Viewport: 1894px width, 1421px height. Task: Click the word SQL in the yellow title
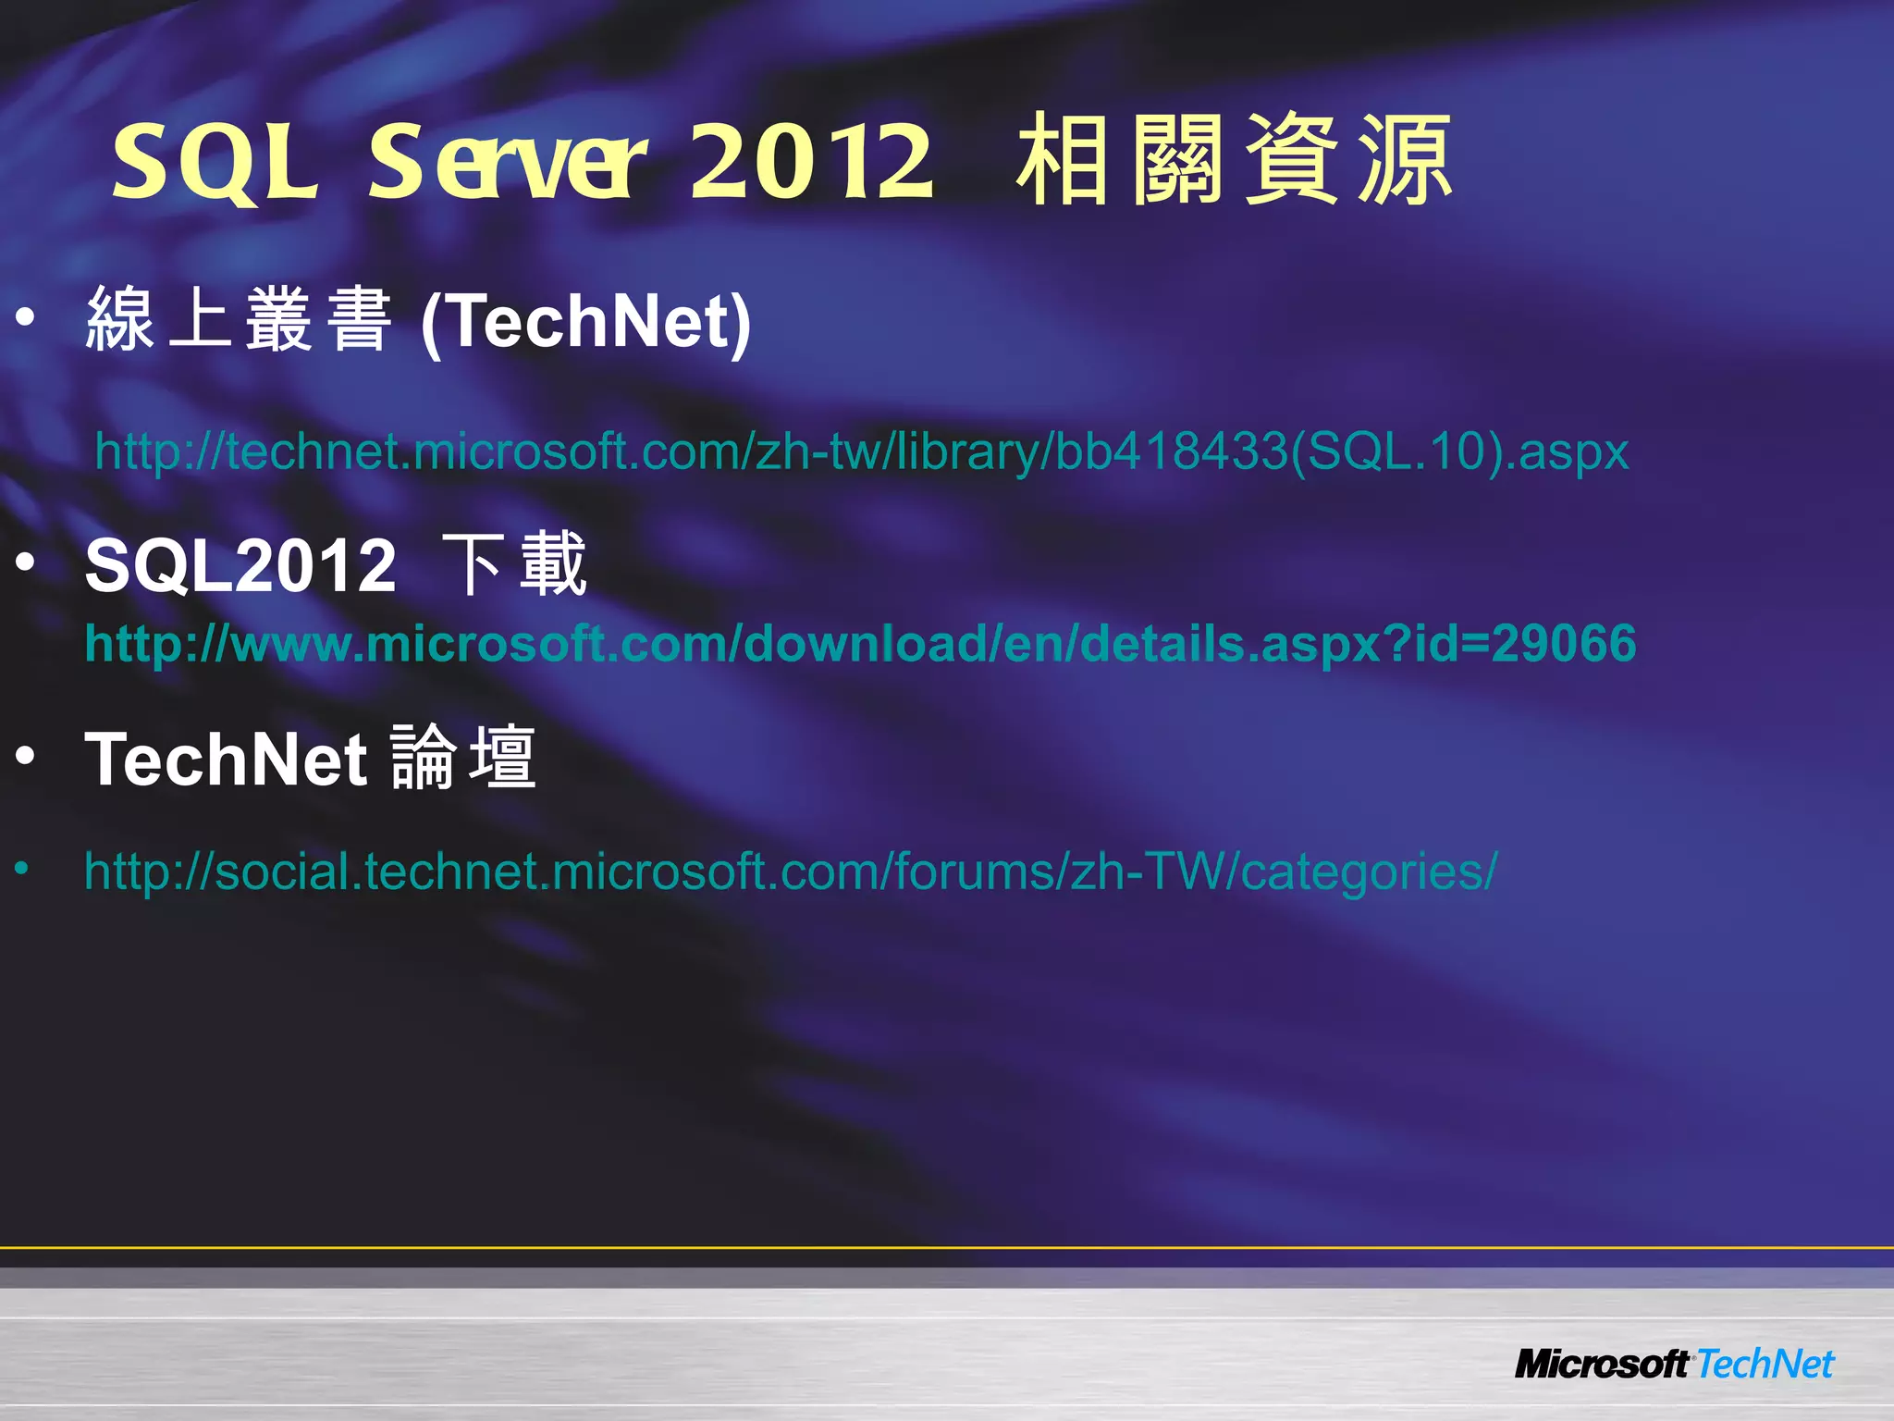(x=215, y=162)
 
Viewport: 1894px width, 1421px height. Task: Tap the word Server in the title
(x=508, y=162)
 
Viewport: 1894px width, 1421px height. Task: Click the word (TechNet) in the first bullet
(x=585, y=320)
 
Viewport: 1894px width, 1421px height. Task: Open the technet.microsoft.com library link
(x=861, y=451)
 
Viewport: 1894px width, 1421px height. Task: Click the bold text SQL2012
(x=240, y=565)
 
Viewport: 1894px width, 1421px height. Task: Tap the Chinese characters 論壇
(x=463, y=758)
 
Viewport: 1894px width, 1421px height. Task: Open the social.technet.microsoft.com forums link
(x=790, y=871)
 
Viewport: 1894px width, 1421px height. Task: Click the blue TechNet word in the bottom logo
(x=1765, y=1364)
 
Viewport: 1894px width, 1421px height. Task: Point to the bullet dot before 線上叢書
(x=25, y=317)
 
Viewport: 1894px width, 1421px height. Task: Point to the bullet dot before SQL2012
(x=25, y=561)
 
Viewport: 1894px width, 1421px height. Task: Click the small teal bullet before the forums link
(x=21, y=869)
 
